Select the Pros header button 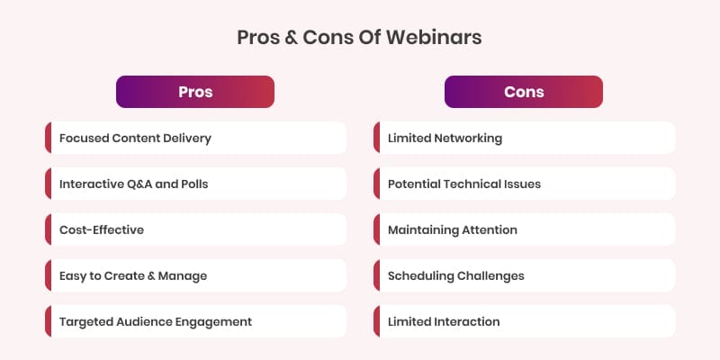coord(195,92)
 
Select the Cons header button coord(524,92)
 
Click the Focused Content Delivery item coord(195,138)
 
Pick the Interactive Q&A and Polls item coord(195,184)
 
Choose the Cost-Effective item coord(195,229)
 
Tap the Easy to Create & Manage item coord(195,275)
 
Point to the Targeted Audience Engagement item coord(195,321)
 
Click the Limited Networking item coord(524,138)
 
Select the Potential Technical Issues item coord(524,184)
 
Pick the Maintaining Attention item coord(524,229)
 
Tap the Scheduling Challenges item coord(524,275)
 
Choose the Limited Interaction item coord(524,321)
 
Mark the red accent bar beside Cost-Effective coord(47,229)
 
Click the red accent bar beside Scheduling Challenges coord(375,275)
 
